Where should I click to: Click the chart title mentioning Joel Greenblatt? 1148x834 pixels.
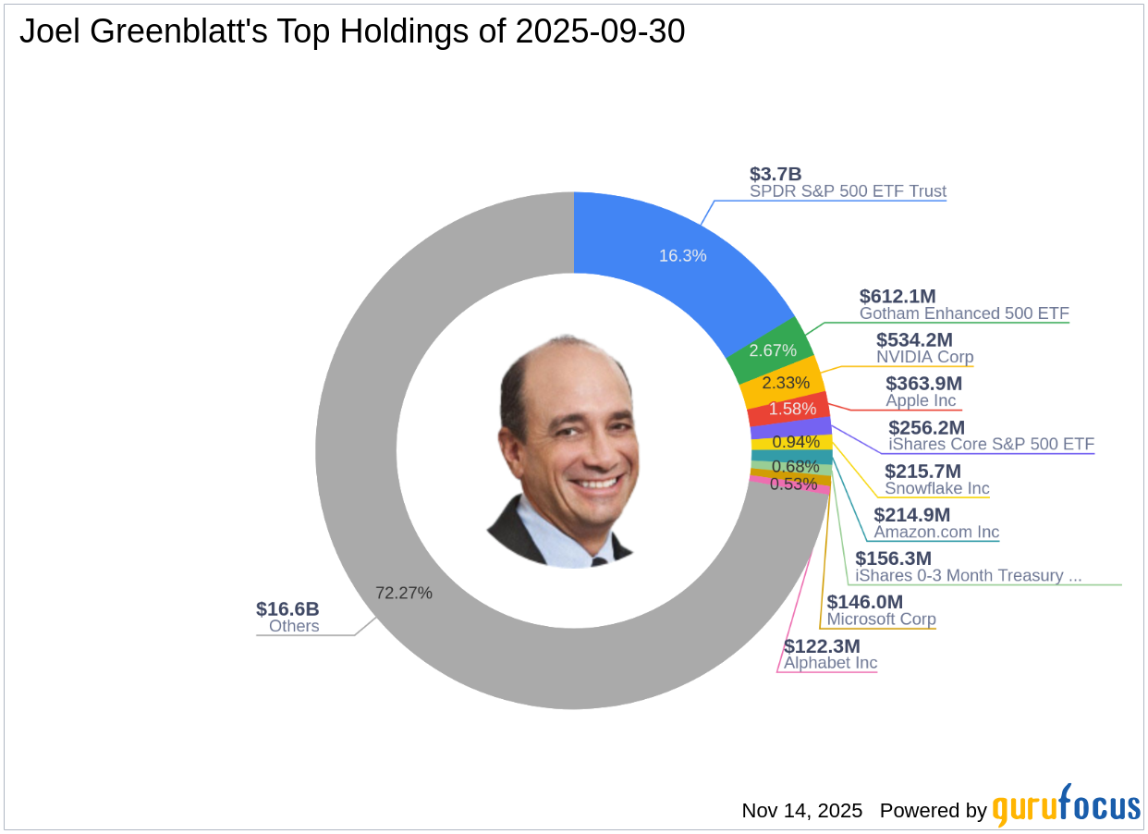click(x=352, y=31)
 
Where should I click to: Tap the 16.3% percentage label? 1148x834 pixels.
click(x=682, y=255)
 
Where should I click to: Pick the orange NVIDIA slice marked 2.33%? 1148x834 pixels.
click(x=785, y=382)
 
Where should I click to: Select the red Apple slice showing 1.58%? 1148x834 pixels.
click(x=792, y=408)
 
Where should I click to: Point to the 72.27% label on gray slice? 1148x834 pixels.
click(x=403, y=593)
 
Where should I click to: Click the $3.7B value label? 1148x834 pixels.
click(x=775, y=174)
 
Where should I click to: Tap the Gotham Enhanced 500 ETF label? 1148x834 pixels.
click(x=964, y=313)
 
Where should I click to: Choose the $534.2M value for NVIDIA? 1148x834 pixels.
click(x=914, y=339)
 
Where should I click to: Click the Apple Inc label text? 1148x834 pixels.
click(x=921, y=400)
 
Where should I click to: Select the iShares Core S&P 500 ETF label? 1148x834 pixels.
click(x=991, y=444)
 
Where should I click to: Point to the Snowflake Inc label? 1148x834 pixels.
click(x=936, y=488)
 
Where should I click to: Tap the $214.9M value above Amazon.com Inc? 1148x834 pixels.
click(x=911, y=515)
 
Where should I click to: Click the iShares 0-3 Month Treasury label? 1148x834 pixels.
click(x=968, y=575)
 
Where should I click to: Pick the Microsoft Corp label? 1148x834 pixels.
click(x=881, y=619)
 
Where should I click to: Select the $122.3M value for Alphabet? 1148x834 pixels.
click(x=822, y=645)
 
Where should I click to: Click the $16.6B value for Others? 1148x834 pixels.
click(x=287, y=608)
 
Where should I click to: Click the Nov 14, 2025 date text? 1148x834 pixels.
click(x=801, y=811)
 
